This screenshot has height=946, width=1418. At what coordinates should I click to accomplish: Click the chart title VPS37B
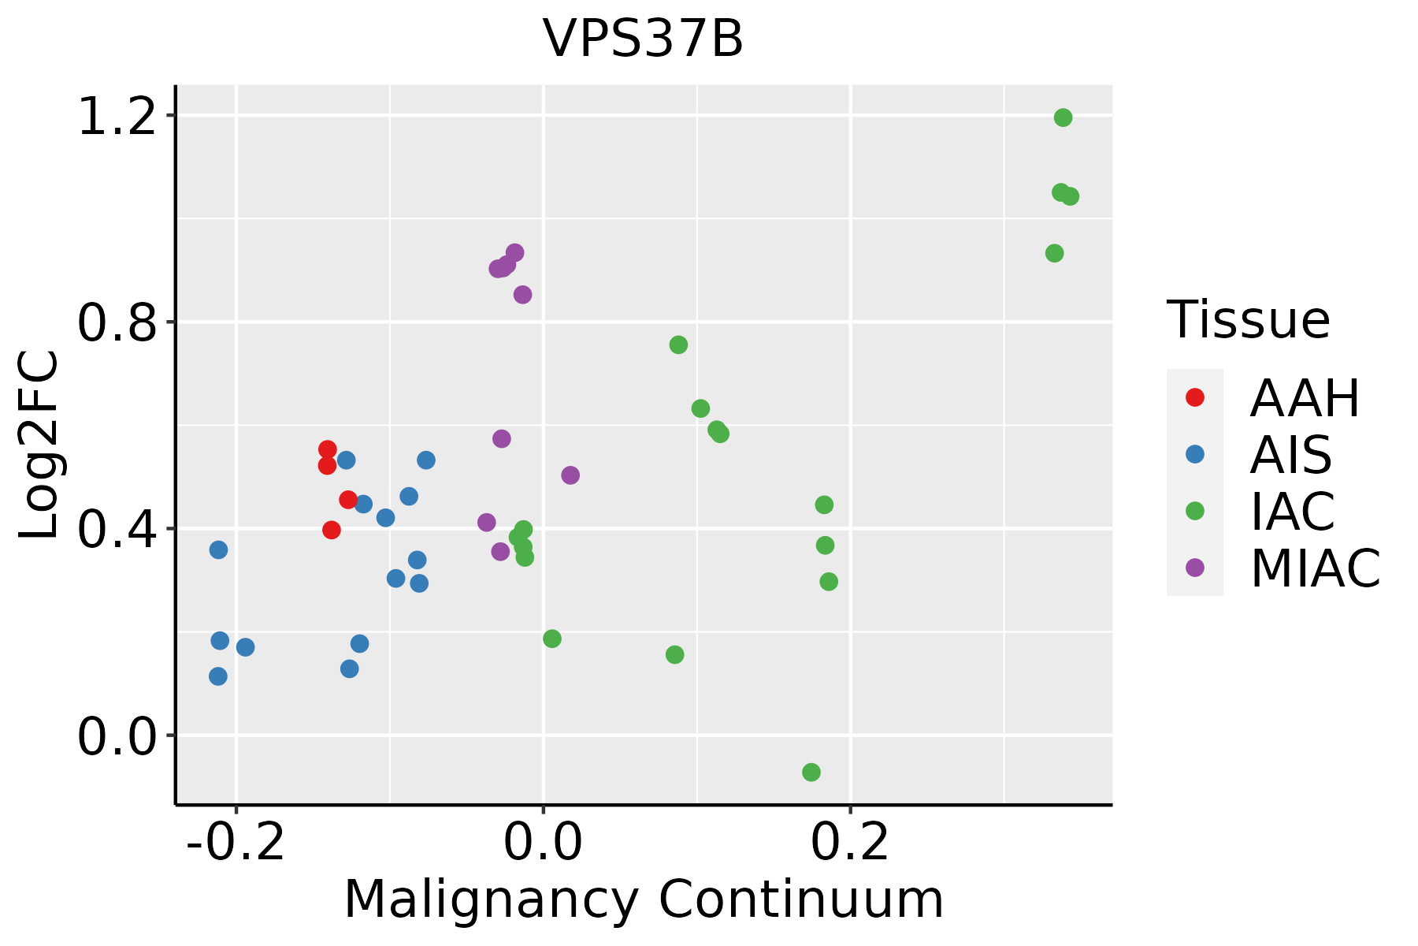[x=643, y=39]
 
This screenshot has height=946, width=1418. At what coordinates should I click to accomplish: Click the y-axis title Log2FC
[x=39, y=445]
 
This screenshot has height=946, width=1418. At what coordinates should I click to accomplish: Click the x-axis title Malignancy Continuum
[x=644, y=899]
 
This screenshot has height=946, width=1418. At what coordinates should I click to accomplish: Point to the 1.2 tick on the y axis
[x=117, y=116]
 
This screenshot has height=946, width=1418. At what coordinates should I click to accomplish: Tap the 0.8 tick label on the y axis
[x=117, y=322]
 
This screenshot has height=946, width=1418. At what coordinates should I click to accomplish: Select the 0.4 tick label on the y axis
[x=117, y=529]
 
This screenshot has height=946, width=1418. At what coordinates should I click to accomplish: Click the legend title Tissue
[x=1249, y=320]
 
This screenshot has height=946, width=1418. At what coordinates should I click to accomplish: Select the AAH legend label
[x=1305, y=398]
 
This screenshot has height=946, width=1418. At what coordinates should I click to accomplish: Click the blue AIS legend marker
[x=1195, y=454]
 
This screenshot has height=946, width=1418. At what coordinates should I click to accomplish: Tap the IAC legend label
[x=1293, y=512]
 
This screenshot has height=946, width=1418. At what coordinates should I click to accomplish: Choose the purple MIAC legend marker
[x=1195, y=568]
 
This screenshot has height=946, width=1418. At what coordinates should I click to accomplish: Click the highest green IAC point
[x=1063, y=118]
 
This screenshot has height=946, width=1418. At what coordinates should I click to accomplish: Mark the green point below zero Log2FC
[x=811, y=772]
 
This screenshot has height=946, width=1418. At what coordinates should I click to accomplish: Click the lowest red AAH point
[x=332, y=530]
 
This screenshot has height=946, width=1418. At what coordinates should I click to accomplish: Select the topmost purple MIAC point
[x=515, y=253]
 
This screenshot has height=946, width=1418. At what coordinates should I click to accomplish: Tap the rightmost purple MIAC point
[x=570, y=475]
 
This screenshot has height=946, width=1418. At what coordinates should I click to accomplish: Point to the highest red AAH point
[x=328, y=449]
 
